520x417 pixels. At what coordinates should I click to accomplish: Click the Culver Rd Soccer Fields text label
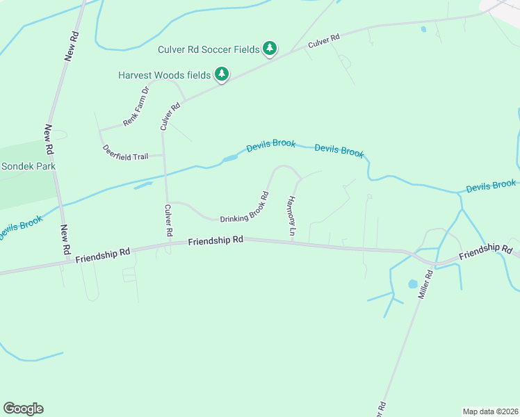tap(208, 49)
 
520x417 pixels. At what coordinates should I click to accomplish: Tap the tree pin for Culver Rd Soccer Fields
tap(270, 49)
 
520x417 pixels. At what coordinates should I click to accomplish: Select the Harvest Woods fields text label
tap(164, 75)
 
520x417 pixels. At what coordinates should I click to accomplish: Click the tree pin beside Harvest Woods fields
tap(222, 74)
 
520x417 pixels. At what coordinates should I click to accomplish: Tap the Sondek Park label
tap(29, 167)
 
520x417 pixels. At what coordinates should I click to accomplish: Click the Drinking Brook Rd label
tap(245, 208)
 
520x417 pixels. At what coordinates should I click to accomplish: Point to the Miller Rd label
tap(426, 285)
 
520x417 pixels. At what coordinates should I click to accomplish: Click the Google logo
tap(23, 409)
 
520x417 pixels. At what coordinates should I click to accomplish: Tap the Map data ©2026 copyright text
tap(490, 411)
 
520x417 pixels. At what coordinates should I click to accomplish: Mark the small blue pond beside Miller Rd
tap(413, 284)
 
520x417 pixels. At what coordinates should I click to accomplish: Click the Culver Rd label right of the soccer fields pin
tap(323, 40)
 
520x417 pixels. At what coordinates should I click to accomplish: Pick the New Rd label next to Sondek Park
tap(49, 139)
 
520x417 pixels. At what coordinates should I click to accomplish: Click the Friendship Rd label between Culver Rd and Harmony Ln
tap(216, 240)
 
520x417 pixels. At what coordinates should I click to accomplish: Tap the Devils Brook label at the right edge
tap(491, 186)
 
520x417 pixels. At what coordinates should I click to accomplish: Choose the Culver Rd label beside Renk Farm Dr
tap(170, 116)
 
